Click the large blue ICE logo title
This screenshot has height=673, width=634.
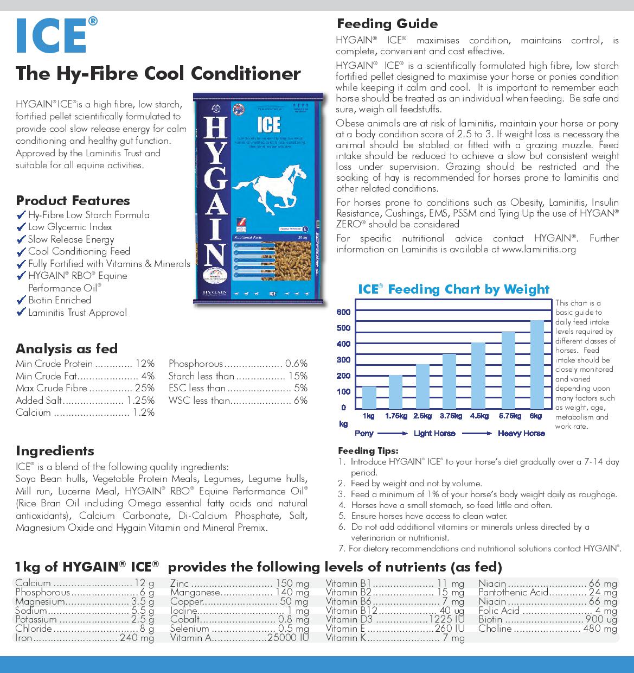[x=52, y=36]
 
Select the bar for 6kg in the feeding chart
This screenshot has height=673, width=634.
[x=536, y=365]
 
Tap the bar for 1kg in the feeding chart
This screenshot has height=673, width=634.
[x=369, y=397]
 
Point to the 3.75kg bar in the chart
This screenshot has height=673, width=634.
[x=449, y=381]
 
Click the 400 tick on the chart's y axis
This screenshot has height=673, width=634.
[x=343, y=344]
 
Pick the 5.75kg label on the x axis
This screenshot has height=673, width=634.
[x=508, y=416]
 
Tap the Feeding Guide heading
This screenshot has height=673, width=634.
[x=387, y=24]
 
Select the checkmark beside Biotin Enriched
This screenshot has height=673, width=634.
[x=21, y=300]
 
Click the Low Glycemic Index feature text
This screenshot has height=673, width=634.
[x=70, y=227]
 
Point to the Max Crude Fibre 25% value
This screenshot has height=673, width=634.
[x=144, y=388]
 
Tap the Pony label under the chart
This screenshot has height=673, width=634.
[x=364, y=433]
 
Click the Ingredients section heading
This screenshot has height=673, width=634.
[x=55, y=450]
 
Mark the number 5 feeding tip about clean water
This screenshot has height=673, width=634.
[x=428, y=516]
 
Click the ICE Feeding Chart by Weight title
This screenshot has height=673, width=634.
[x=453, y=289]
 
